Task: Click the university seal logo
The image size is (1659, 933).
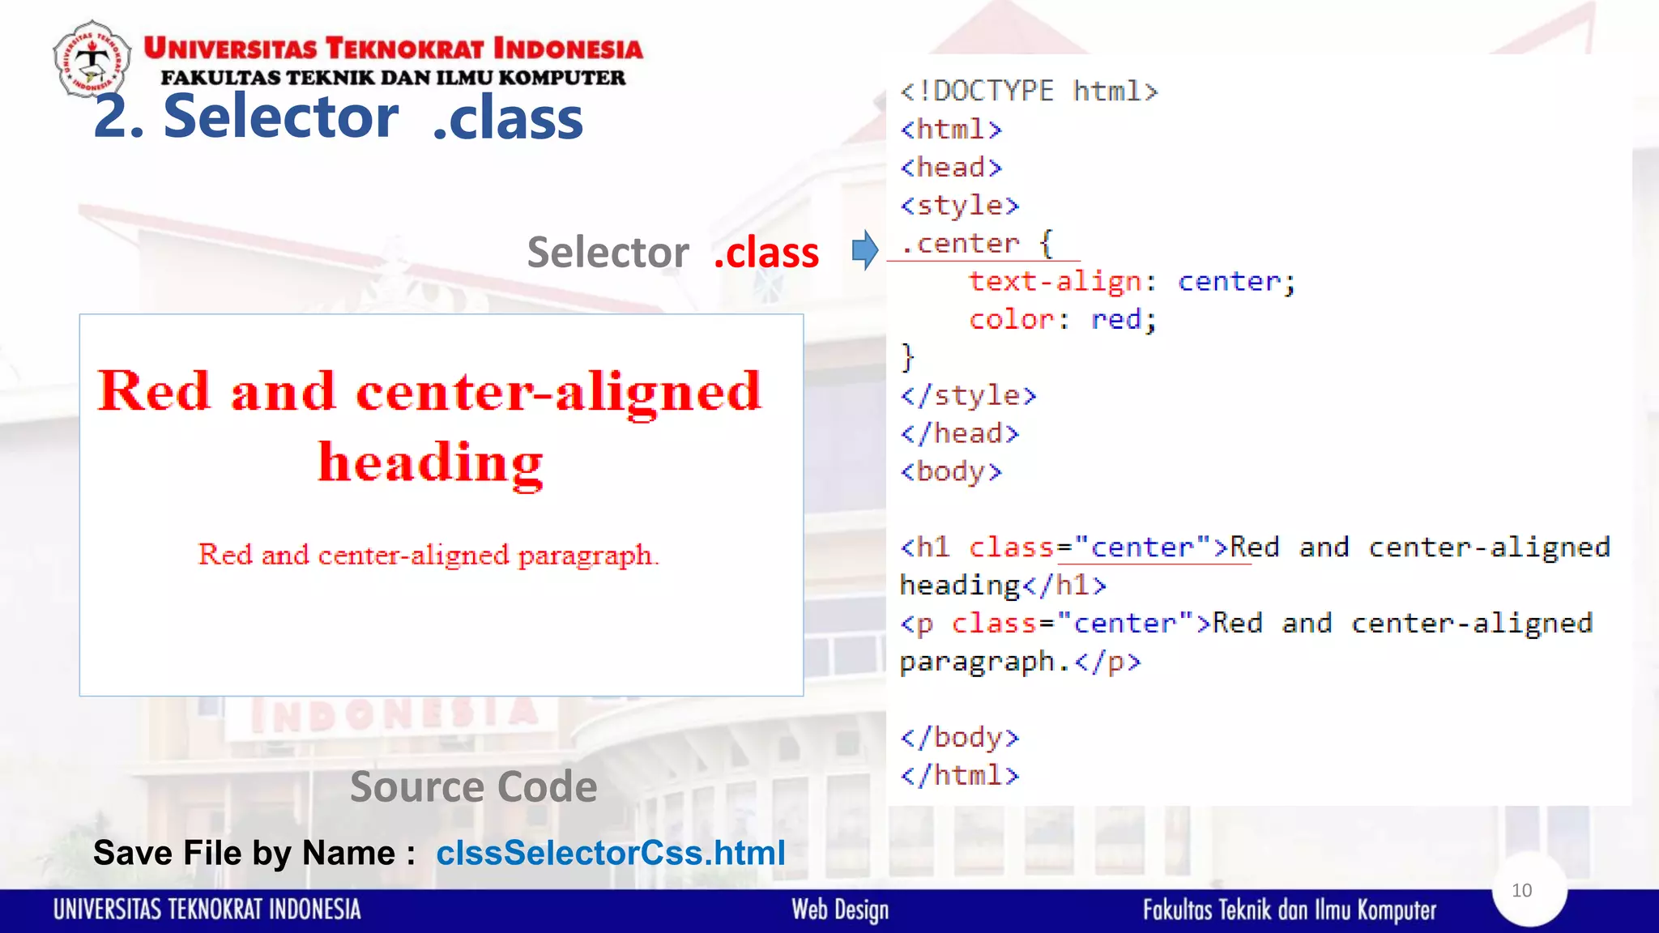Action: point(92,59)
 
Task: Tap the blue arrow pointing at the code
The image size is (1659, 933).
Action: point(865,249)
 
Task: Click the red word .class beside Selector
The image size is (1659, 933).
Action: point(766,252)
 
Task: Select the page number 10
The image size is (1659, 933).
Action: point(1521,890)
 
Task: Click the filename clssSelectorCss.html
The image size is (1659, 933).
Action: point(611,853)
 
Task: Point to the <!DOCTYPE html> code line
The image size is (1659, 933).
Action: point(1029,91)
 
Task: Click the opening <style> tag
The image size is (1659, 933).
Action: point(959,205)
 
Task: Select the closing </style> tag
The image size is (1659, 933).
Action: point(968,395)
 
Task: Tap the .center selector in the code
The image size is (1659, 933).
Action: point(959,243)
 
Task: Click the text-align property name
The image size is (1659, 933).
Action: point(1055,281)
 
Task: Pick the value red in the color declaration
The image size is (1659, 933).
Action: point(1115,319)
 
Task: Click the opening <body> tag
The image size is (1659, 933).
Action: point(951,471)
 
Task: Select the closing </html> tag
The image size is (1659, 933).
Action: point(959,775)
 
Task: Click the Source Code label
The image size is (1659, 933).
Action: point(474,786)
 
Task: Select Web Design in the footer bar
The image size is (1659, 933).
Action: point(840,910)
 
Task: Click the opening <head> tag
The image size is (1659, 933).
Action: point(951,167)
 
